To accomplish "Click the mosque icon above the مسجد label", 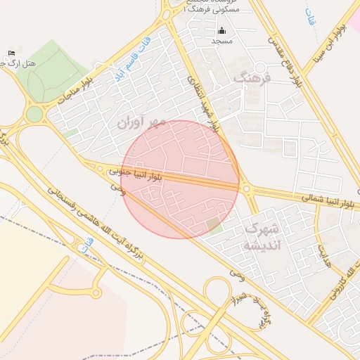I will tap(222, 30).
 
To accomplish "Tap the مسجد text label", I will tap(222, 41).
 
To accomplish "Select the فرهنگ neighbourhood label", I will tap(252, 78).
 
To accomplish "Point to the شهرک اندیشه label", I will tap(262, 238).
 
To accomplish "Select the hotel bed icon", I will tap(11, 53).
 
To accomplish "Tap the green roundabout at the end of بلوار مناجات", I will tap(34, 114).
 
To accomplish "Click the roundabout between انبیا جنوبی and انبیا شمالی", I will tap(247, 188).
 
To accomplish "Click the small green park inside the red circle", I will tap(214, 225).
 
